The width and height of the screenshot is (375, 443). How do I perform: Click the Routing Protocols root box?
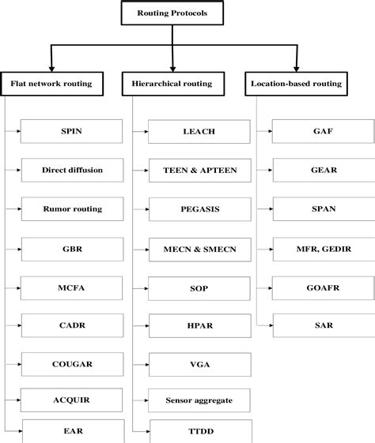pos(172,13)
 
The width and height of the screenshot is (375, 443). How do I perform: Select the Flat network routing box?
pos(51,82)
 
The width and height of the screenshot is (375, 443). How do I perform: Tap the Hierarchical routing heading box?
pos(173,82)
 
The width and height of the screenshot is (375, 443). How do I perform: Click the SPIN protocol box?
pos(72,130)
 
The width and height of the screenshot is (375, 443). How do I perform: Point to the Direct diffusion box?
pos(72,170)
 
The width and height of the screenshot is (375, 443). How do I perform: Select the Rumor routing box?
pos(72,209)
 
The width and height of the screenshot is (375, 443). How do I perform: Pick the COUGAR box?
pos(72,364)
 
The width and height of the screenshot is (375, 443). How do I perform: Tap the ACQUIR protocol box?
pos(72,400)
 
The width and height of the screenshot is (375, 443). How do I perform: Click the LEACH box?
pos(198,130)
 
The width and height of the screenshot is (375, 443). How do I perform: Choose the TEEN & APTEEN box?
pos(198,170)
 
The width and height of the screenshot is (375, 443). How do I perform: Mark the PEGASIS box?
pos(198,209)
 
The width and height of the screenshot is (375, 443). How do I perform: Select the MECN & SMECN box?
pos(198,249)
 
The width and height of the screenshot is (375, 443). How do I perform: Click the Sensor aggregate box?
pos(198,400)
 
